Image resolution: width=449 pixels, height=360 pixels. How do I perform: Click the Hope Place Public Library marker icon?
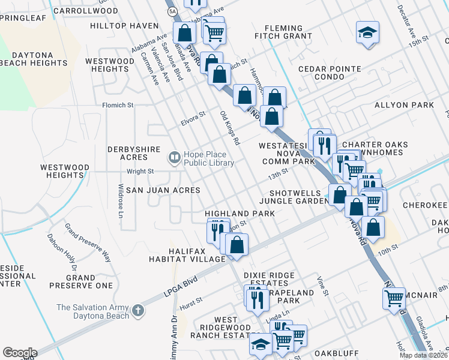tap(175, 158)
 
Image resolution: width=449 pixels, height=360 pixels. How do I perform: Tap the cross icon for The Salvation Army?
tap(139, 311)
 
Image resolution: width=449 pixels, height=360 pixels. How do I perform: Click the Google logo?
tap(19, 353)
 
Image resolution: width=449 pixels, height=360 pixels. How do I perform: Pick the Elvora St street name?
tap(193, 118)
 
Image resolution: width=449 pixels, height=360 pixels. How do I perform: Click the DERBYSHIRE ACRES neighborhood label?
tap(136, 153)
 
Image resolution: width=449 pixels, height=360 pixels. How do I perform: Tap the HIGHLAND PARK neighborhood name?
tap(240, 213)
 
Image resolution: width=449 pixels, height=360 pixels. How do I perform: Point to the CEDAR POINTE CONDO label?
tap(330, 73)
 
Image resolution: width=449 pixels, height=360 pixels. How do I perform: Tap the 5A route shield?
tap(172, 11)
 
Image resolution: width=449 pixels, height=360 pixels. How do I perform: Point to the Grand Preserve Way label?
tap(88, 244)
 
